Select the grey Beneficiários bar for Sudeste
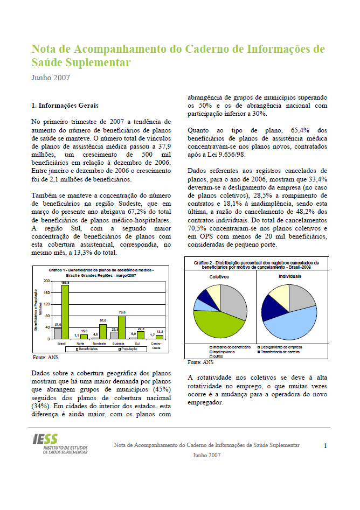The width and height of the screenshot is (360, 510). tap(114, 335)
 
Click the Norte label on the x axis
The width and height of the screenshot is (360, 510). tap(81, 343)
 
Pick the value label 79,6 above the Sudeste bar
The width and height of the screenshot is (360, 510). tap(122, 311)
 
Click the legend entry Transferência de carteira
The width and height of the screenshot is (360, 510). tap(280, 352)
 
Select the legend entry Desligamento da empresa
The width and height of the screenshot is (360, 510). tap(283, 347)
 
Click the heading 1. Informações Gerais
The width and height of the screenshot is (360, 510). tap(65, 106)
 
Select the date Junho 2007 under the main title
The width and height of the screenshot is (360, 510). tap(51, 78)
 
